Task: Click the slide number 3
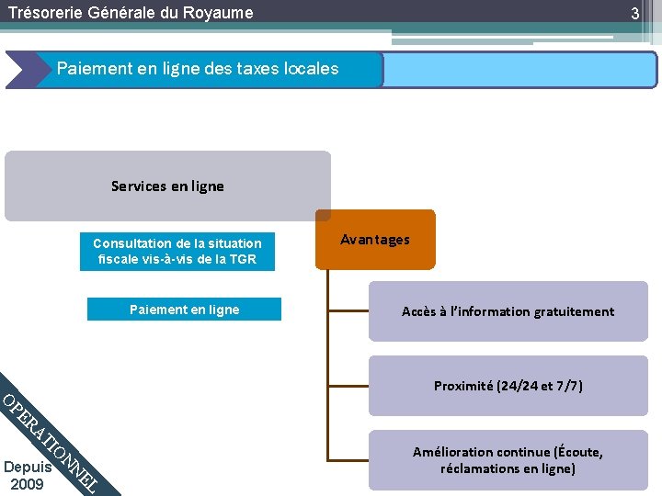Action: [634, 14]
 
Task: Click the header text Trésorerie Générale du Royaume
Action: [130, 13]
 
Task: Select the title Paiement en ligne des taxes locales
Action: [198, 69]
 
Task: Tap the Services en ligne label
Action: [167, 186]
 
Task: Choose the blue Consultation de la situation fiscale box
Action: [177, 251]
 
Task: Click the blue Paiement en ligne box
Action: [184, 310]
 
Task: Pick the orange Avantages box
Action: [375, 240]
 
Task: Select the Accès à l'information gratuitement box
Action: [508, 311]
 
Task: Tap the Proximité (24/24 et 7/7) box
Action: [508, 386]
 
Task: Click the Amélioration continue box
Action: [508, 460]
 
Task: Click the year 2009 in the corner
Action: [27, 484]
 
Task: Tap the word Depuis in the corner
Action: [27, 468]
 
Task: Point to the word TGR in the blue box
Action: [242, 259]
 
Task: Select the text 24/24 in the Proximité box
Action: [518, 386]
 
